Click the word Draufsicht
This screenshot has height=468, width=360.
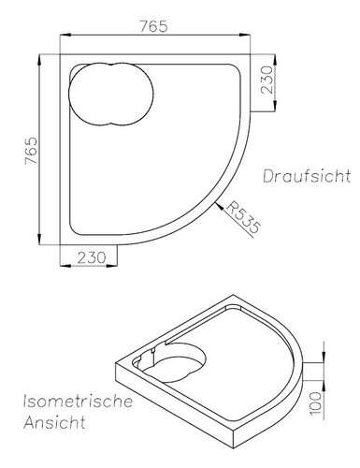click(306, 176)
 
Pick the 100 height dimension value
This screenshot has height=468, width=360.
click(316, 402)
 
